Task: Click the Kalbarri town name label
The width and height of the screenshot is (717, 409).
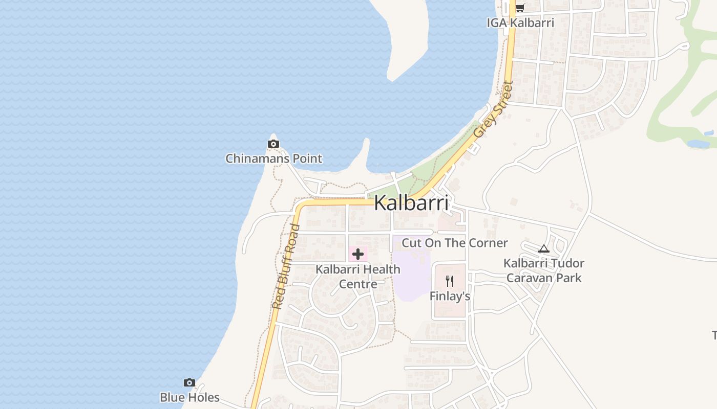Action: tap(411, 203)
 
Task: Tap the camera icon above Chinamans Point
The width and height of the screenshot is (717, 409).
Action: tap(273, 144)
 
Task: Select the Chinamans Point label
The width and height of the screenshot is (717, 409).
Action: tap(274, 158)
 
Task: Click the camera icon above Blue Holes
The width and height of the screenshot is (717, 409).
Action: tap(189, 382)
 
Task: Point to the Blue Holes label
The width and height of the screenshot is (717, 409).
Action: tap(189, 397)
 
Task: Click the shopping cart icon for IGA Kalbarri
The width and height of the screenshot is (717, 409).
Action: tap(520, 8)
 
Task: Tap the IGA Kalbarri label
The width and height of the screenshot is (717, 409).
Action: tap(520, 22)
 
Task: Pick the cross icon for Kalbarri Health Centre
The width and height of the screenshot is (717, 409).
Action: tap(358, 254)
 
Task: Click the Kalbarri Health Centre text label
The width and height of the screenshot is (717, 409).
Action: tap(358, 276)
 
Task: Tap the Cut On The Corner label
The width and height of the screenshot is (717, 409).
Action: tap(454, 243)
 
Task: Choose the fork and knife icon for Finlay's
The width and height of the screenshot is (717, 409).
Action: tap(450, 281)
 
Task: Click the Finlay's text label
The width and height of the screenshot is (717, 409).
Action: tap(450, 296)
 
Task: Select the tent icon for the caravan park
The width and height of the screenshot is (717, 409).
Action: tap(544, 249)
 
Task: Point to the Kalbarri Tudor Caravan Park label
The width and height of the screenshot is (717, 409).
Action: tap(544, 270)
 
